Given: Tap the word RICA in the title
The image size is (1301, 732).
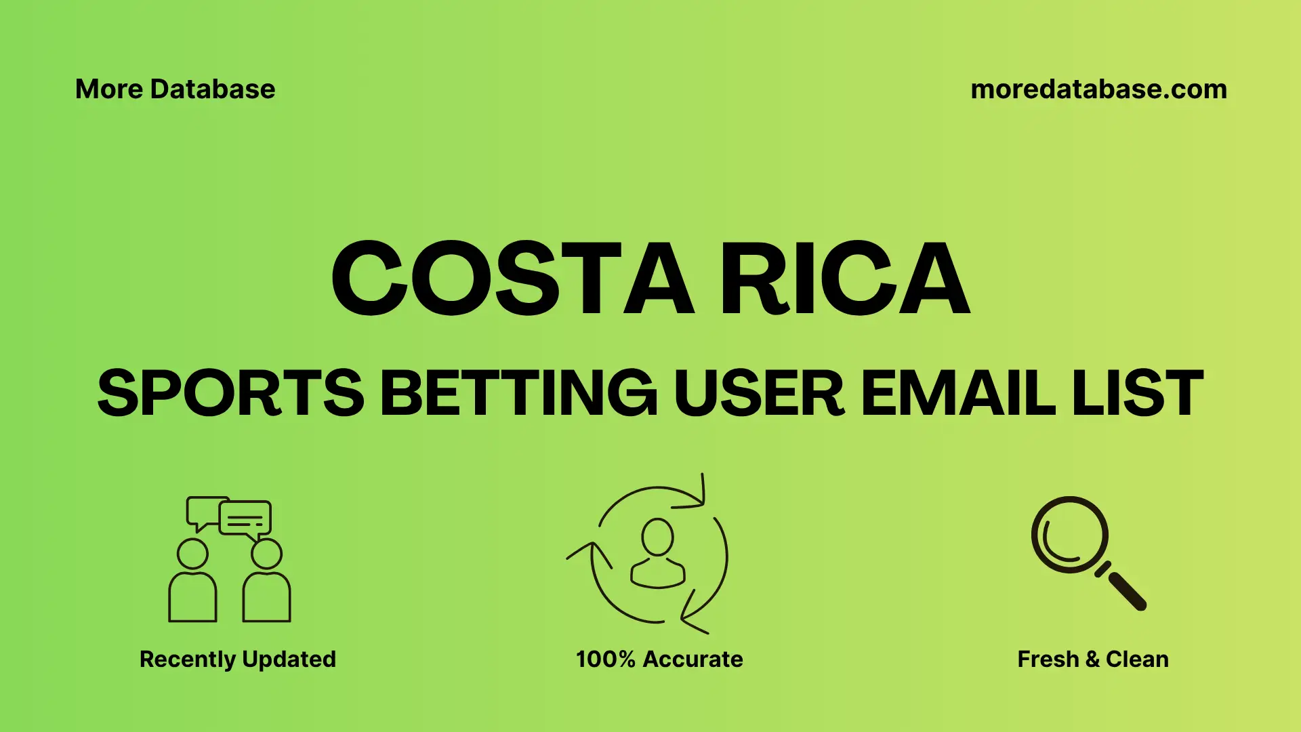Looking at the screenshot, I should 844,279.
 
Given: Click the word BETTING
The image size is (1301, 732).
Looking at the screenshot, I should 519,393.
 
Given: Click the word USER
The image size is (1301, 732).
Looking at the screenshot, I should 759,393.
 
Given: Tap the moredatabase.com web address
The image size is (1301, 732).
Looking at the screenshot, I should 1098,89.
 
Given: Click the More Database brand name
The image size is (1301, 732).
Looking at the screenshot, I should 175,89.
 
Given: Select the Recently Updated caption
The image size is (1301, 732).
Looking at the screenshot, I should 237,659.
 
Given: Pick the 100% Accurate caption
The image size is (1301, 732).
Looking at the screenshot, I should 659,659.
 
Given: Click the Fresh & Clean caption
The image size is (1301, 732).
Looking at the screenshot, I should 1093,659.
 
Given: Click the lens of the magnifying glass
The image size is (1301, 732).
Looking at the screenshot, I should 1069,535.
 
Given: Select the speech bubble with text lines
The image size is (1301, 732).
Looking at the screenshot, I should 245,518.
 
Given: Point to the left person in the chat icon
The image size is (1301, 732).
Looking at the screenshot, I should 192,583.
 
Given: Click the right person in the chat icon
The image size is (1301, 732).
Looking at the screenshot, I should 266,583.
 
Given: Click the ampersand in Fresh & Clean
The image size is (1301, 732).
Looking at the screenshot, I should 1092,659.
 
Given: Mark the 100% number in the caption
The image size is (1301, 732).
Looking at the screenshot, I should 605,659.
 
